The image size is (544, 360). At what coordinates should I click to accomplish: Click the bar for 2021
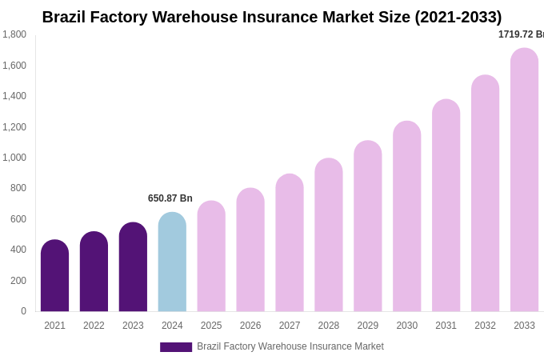(54, 276)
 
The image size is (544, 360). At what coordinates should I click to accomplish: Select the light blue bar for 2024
(172, 262)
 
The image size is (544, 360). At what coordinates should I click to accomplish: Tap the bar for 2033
(524, 180)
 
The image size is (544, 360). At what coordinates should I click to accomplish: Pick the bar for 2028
(328, 235)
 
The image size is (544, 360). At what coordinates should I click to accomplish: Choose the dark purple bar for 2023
(133, 267)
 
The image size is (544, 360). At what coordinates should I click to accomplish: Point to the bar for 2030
(406, 217)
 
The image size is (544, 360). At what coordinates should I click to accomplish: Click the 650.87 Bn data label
(170, 198)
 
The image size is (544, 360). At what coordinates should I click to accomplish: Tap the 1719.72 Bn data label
(521, 34)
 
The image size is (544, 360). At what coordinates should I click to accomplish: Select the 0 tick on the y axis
(23, 311)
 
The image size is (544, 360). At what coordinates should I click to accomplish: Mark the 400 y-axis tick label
(18, 250)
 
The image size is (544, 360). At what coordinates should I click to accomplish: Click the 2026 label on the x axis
(250, 326)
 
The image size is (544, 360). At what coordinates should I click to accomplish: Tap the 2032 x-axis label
(485, 326)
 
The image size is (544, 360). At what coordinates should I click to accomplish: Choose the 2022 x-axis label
(94, 326)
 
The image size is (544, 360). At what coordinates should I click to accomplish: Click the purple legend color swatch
(176, 347)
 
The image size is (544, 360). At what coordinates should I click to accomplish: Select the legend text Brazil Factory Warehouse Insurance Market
(290, 346)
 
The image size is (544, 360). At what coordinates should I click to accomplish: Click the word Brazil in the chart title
(63, 17)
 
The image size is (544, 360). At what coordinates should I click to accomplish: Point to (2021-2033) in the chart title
(458, 17)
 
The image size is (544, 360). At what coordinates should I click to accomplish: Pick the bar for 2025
(211, 257)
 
